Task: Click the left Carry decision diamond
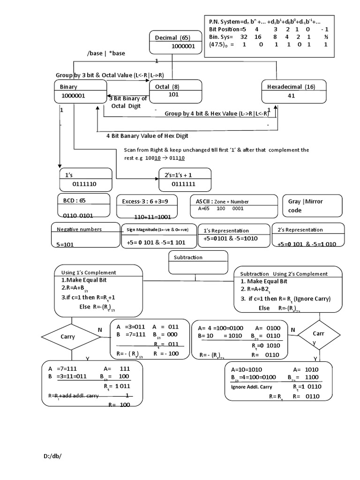point(70,337)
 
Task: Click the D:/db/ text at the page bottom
point(52,456)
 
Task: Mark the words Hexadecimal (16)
point(291,87)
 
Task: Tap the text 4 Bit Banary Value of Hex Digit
point(147,136)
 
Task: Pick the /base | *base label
point(106,53)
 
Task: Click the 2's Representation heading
point(300,230)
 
